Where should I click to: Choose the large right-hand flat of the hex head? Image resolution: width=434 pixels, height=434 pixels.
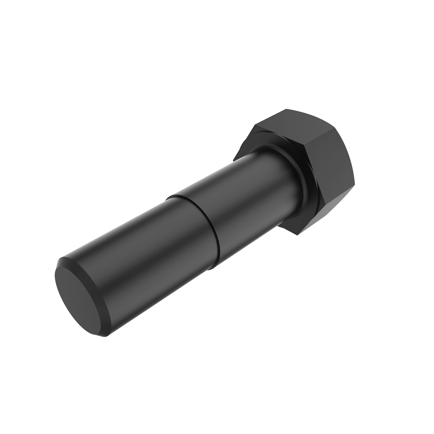tap(333, 170)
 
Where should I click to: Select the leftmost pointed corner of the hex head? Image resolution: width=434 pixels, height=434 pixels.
tap(234, 159)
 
